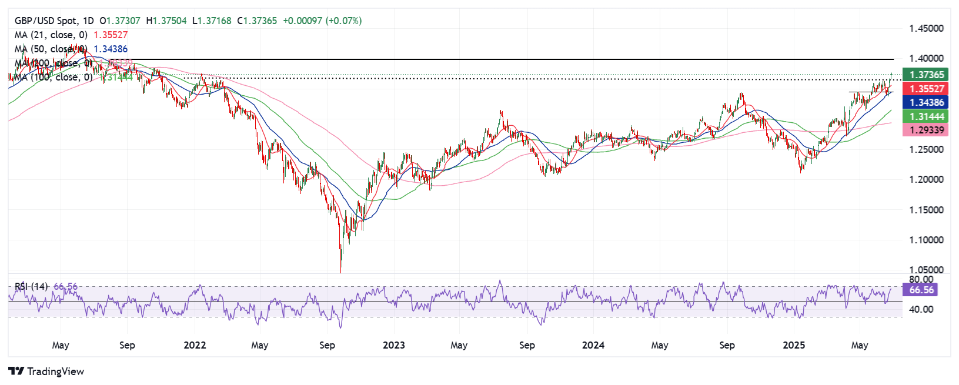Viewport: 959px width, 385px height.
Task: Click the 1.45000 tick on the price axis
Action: tap(926, 28)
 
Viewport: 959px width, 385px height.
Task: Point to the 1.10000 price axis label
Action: tap(926, 240)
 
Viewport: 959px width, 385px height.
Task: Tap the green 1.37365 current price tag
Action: tap(927, 75)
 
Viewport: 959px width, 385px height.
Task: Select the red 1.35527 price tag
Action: tap(927, 89)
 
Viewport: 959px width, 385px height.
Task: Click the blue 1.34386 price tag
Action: tap(927, 102)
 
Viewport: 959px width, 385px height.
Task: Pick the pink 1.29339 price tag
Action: tap(927, 130)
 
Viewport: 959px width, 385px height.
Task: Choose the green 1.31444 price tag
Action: tap(927, 116)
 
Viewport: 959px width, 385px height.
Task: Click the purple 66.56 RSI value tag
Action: tap(921, 290)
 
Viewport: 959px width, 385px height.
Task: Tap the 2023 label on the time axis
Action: tap(393, 345)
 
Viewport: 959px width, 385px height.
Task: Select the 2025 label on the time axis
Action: tap(793, 345)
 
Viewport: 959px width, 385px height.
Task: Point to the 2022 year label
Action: tap(195, 345)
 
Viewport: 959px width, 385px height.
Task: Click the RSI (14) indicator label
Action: tap(31, 286)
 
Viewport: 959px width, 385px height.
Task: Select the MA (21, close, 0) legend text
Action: tap(51, 35)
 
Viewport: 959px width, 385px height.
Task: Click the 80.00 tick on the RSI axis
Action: tap(921, 279)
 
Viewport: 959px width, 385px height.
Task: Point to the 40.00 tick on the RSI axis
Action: tap(921, 309)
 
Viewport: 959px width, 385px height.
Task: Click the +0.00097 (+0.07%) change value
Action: tap(322, 21)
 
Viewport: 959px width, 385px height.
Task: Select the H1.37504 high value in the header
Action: tap(166, 21)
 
